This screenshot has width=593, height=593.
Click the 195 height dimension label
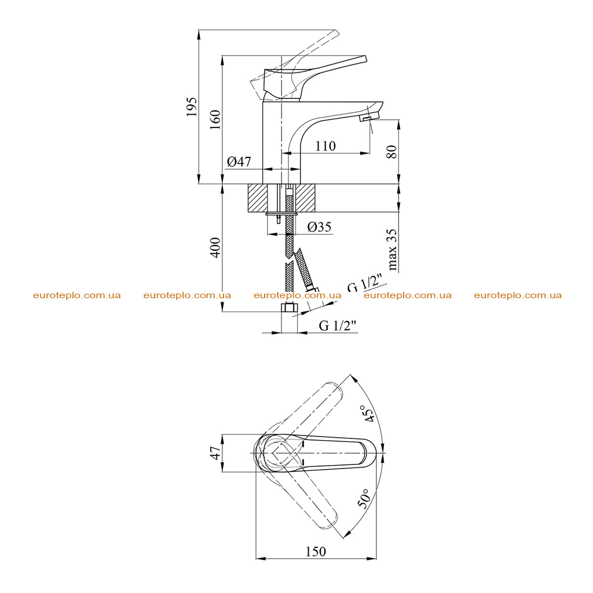click(x=192, y=107)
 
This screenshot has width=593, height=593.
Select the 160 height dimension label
click(x=215, y=119)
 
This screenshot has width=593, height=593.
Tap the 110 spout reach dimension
click(x=325, y=146)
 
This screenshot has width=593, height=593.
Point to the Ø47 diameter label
click(x=239, y=162)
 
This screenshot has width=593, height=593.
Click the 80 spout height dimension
click(x=392, y=152)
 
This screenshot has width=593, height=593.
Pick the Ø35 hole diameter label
click(x=319, y=227)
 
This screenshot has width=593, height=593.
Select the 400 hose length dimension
click(x=215, y=248)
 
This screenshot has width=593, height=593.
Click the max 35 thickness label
click(x=392, y=250)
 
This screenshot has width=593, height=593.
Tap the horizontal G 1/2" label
click(x=338, y=325)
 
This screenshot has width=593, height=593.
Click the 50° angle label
click(x=363, y=499)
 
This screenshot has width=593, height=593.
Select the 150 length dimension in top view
click(x=316, y=552)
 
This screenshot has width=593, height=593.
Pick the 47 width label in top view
click(x=215, y=453)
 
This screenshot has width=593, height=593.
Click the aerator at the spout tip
click(x=366, y=119)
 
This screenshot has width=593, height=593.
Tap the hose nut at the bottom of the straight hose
click(x=290, y=307)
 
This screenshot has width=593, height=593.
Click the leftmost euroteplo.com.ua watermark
click(x=77, y=295)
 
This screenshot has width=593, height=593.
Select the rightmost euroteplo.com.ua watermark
click(x=518, y=295)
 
